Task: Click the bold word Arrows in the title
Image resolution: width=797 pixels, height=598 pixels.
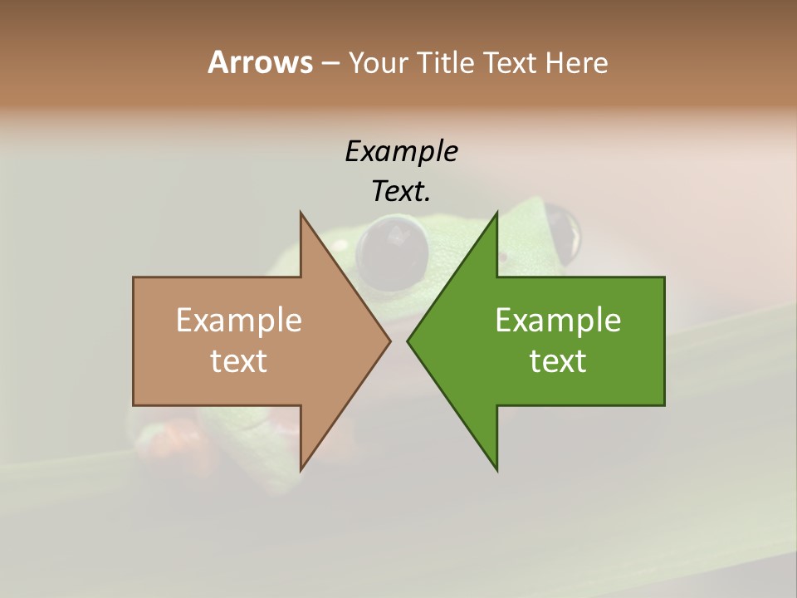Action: click(x=259, y=62)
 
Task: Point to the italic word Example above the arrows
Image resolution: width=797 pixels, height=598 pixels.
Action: click(x=401, y=151)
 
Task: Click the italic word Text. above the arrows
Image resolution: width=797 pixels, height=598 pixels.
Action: click(x=401, y=191)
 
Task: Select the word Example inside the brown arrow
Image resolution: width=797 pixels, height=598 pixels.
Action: click(x=239, y=320)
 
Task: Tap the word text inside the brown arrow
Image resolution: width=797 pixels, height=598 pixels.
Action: click(x=239, y=360)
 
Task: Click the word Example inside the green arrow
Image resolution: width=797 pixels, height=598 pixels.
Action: click(x=558, y=320)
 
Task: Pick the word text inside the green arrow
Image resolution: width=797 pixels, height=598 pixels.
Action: click(x=558, y=360)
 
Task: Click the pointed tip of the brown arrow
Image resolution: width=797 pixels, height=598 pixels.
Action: click(x=389, y=341)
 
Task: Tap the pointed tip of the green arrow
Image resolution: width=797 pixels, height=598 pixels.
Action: click(x=408, y=341)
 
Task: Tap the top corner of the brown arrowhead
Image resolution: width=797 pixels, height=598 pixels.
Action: click(x=301, y=213)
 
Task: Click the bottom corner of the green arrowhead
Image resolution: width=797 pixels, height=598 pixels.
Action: click(x=496, y=470)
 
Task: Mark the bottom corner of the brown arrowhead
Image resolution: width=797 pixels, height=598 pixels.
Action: click(x=301, y=469)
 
